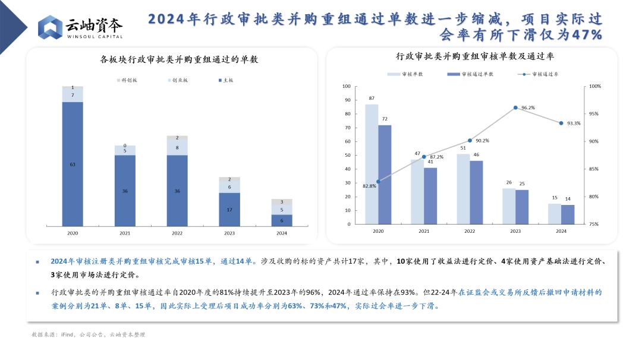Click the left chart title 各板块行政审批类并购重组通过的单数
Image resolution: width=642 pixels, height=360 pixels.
pyautogui.click(x=179, y=59)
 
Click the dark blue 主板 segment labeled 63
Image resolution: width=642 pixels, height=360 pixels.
pyautogui.click(x=73, y=164)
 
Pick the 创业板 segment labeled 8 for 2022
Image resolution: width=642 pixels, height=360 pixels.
pyautogui.click(x=177, y=147)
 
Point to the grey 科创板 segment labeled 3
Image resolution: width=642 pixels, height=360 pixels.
pyautogui.click(x=282, y=202)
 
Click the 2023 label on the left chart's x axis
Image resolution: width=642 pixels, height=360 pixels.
pyautogui.click(x=229, y=233)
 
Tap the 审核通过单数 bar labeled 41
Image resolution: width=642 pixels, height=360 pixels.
pyautogui.click(x=430, y=195)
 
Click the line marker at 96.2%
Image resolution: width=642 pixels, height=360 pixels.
pyautogui.click(x=515, y=108)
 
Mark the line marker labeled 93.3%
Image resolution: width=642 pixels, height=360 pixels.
pyautogui.click(x=561, y=123)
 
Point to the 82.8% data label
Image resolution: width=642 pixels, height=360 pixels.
pyautogui.click(x=369, y=186)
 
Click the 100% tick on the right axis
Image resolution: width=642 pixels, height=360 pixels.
pyautogui.click(x=594, y=86)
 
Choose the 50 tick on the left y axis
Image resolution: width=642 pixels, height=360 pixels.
pyautogui.click(x=347, y=155)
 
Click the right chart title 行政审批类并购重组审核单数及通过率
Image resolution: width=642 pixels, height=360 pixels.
pyautogui.click(x=475, y=56)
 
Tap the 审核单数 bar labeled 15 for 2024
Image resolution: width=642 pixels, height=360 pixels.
pyautogui.click(x=554, y=214)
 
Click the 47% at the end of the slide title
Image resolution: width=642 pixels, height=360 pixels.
pyautogui.click(x=587, y=35)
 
